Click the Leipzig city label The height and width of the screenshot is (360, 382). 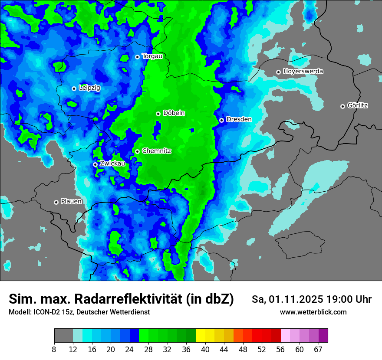tap(89, 88)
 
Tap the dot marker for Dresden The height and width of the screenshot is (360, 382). tap(221, 120)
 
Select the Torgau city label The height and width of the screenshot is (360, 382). tap(152, 56)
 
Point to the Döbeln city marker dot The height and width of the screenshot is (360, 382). tap(158, 114)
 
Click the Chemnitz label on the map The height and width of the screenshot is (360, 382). tap(157, 151)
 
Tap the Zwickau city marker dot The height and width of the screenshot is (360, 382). tap(95, 165)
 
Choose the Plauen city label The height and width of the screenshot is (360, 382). tap(71, 202)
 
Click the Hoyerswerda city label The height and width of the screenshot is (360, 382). tap(303, 72)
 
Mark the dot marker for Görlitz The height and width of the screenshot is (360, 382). tap(342, 106)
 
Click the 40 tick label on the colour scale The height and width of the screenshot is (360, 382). tap(205, 349)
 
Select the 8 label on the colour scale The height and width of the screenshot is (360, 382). tap(54, 349)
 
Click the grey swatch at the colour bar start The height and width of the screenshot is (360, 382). tap(63, 336)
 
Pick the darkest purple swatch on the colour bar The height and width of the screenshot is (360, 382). tap(323, 336)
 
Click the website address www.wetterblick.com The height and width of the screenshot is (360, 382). tap(313, 312)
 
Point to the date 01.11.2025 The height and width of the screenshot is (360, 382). tap(296, 299)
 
